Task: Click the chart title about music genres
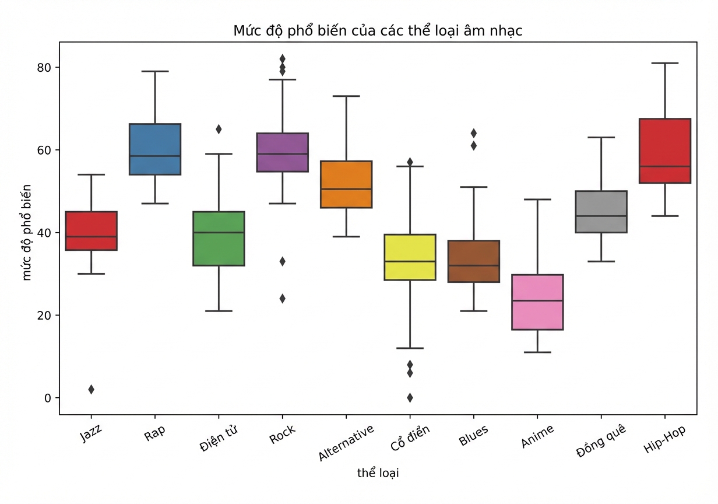[x=378, y=31]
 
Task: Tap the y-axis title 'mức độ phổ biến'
[x=27, y=232]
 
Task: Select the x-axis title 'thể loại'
[x=378, y=473]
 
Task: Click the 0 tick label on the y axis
[x=48, y=398]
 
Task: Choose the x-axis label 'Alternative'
[x=346, y=443]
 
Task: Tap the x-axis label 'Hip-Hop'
[x=665, y=439]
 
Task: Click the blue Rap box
[x=155, y=149]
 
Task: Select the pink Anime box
[x=537, y=302]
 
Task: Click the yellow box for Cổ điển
[x=410, y=257]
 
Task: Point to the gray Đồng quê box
[x=601, y=212]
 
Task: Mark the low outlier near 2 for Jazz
[x=91, y=390]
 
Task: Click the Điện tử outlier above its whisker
[x=219, y=129]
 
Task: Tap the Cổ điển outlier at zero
[x=410, y=398]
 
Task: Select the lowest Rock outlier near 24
[x=283, y=299]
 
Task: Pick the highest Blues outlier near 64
[x=474, y=133]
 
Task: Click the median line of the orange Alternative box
[x=346, y=189]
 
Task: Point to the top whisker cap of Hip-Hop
[x=665, y=63]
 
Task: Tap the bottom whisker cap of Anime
[x=537, y=352]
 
